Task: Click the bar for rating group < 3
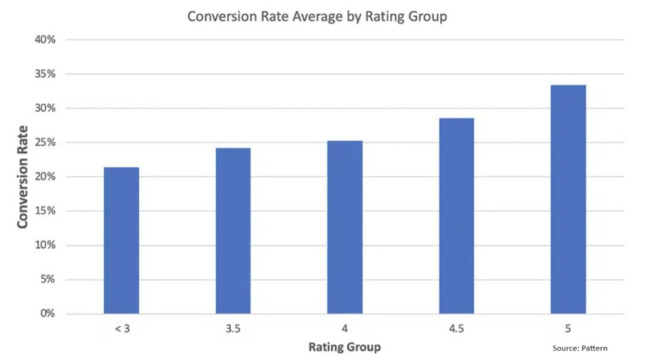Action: (x=121, y=241)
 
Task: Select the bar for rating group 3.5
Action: (x=233, y=231)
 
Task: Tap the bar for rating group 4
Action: (x=345, y=228)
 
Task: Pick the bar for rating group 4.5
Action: (x=456, y=216)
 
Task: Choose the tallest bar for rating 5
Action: (x=568, y=199)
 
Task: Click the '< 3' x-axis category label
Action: (x=121, y=329)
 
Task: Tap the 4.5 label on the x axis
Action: (x=456, y=329)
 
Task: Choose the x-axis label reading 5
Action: (x=568, y=329)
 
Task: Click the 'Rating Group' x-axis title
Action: (x=344, y=347)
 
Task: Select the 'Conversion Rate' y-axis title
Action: (x=23, y=176)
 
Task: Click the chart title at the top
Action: (x=317, y=16)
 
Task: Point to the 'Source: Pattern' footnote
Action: (x=580, y=348)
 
